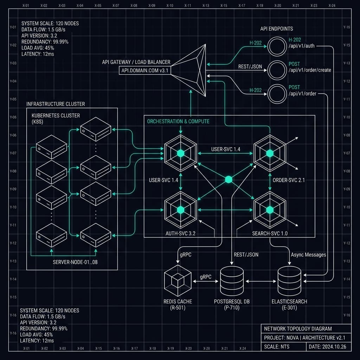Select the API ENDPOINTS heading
click(x=276, y=29)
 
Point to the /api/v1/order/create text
click(x=310, y=70)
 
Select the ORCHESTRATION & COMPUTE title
click(x=178, y=121)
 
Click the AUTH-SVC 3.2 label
click(x=180, y=233)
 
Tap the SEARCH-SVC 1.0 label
click(x=270, y=233)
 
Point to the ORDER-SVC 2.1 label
click(x=289, y=180)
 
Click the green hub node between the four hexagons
click(x=229, y=180)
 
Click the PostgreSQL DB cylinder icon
click(x=231, y=281)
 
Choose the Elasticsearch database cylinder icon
click(x=289, y=281)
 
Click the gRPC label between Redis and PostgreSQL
click(x=205, y=277)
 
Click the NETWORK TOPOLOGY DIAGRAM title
click(x=298, y=329)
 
